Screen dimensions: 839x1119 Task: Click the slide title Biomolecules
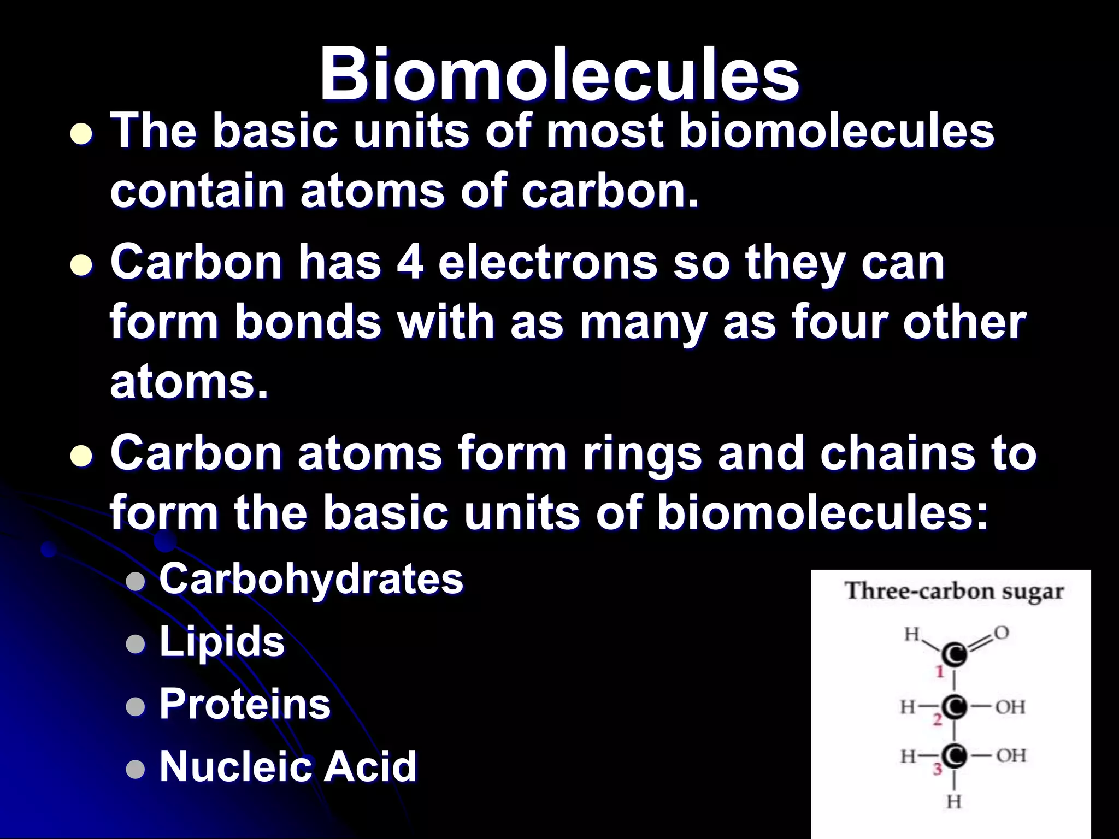point(559,74)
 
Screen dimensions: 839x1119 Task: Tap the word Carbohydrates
point(311,579)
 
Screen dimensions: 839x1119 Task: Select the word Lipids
point(222,641)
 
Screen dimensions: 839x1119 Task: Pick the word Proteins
point(245,704)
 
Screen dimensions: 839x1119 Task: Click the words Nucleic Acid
point(288,766)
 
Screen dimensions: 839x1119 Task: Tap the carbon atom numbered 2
point(955,707)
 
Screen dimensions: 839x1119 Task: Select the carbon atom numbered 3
point(955,755)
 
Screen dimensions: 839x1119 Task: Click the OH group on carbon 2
point(1010,707)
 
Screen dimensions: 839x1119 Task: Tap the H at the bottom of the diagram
point(954,802)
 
